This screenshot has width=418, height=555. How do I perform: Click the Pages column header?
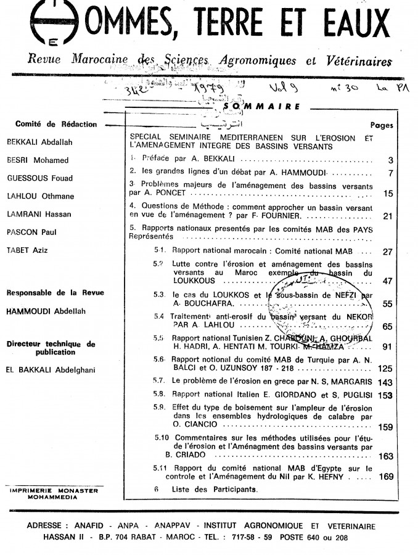pyautogui.click(x=382, y=125)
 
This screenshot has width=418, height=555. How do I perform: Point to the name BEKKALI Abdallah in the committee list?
pyautogui.click(x=39, y=142)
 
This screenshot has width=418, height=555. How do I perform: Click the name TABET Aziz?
pyautogui.click(x=28, y=250)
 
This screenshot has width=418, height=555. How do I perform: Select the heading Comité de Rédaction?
pyautogui.click(x=56, y=124)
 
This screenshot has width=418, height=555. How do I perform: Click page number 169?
pyautogui.click(x=386, y=476)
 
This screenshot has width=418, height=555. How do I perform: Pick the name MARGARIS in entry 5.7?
pyautogui.click(x=353, y=382)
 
